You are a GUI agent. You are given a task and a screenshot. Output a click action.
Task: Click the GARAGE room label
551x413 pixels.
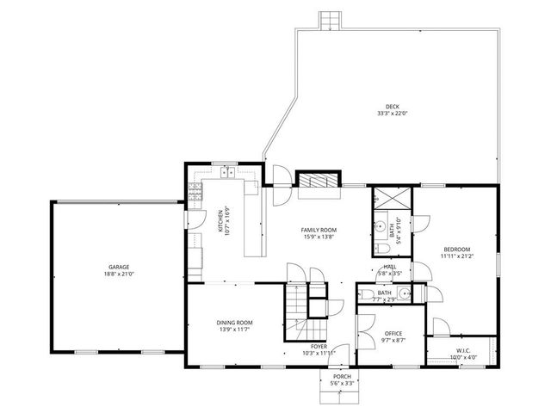[x=119, y=267]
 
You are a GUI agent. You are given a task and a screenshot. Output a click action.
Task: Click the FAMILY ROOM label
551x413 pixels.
[x=318, y=230]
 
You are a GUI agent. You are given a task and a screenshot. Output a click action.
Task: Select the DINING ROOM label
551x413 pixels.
[x=234, y=322]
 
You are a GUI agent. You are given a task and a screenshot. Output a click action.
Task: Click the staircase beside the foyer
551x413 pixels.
[x=298, y=302]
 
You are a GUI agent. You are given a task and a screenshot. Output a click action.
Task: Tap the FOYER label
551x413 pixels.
[x=319, y=347]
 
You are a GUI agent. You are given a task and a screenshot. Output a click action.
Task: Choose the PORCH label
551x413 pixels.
[x=343, y=377]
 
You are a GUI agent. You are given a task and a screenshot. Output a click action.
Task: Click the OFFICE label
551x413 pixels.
[x=393, y=333]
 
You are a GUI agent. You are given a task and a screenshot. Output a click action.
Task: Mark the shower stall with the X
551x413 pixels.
[x=393, y=198]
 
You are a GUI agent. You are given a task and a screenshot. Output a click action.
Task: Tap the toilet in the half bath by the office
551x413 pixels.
[x=368, y=295]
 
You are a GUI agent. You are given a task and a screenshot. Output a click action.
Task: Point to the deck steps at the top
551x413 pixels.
[x=329, y=20]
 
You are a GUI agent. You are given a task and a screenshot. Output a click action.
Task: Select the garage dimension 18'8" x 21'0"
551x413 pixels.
[x=119, y=274]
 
